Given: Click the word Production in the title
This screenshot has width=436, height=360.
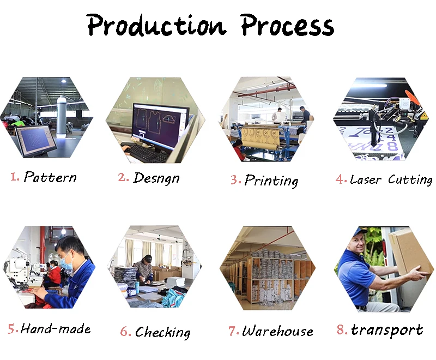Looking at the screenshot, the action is pyautogui.click(x=156, y=25).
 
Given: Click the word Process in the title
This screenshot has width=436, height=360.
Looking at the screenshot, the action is pyautogui.click(x=287, y=25).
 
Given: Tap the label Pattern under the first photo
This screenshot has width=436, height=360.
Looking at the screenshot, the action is pyautogui.click(x=50, y=177).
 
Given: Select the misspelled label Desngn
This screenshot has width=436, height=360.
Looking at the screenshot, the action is pyautogui.click(x=156, y=178).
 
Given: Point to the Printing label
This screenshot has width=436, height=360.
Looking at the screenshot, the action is pyautogui.click(x=271, y=181).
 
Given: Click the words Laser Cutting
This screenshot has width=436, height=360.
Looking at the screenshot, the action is pyautogui.click(x=391, y=179).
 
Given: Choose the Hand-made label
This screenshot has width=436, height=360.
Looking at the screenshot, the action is pyautogui.click(x=56, y=329).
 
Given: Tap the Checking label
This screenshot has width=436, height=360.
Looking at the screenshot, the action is pyautogui.click(x=163, y=332).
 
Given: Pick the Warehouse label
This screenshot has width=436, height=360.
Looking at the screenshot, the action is pyautogui.click(x=277, y=331).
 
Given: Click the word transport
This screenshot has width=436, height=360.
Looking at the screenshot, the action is pyautogui.click(x=387, y=330).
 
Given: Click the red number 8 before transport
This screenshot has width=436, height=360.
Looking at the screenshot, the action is pyautogui.click(x=341, y=329).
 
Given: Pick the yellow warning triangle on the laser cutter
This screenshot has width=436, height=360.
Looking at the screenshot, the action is pyautogui.click(x=423, y=116).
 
